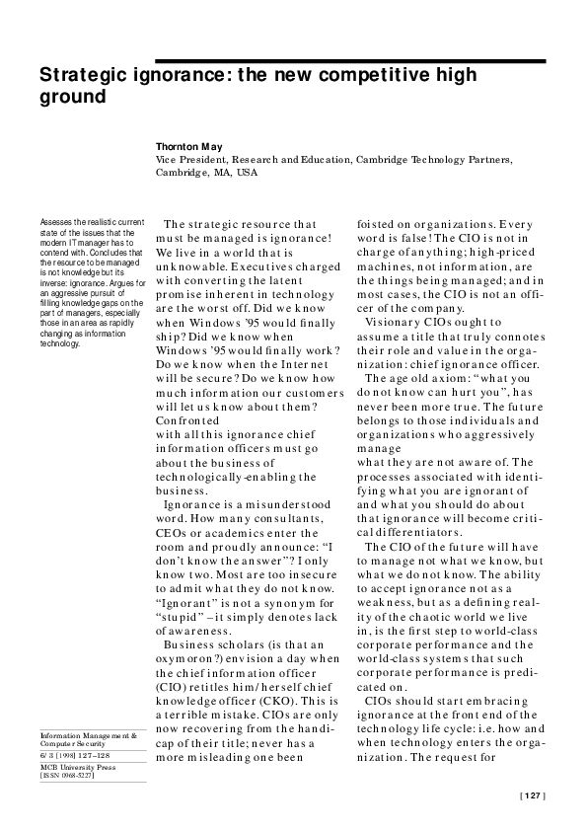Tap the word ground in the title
click(x=71, y=98)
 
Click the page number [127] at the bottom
click(x=532, y=794)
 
